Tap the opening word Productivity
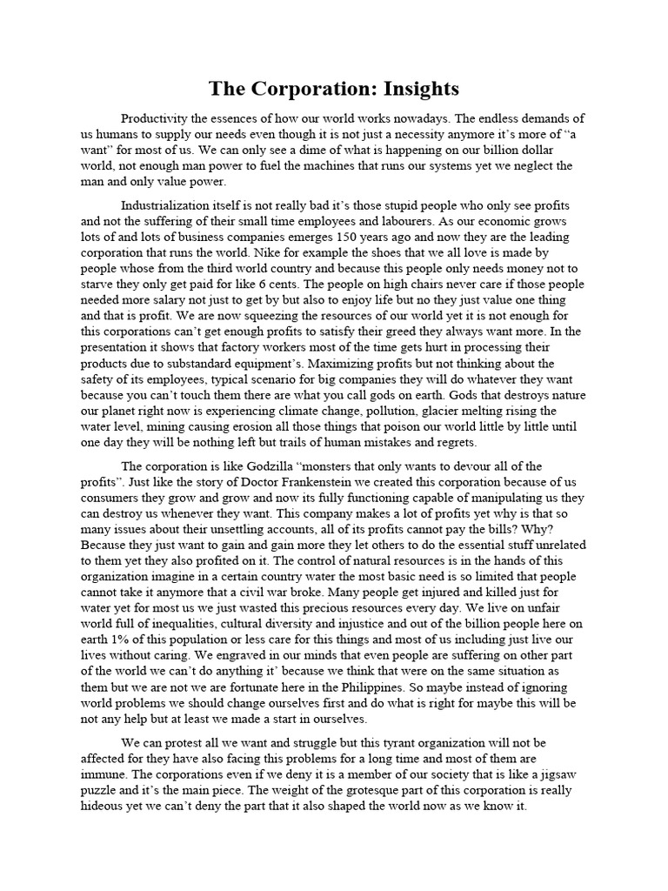pyautogui.click(x=162, y=118)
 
